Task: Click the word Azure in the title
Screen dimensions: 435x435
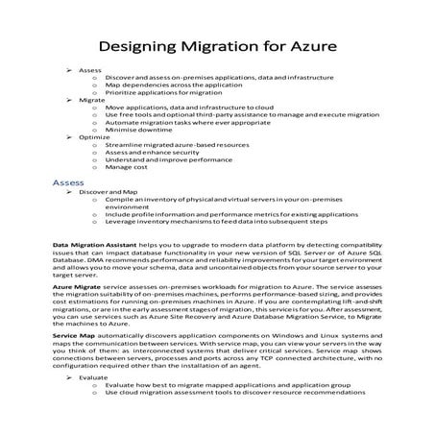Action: pos(308,49)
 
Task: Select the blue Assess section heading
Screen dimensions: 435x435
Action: pos(69,181)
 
